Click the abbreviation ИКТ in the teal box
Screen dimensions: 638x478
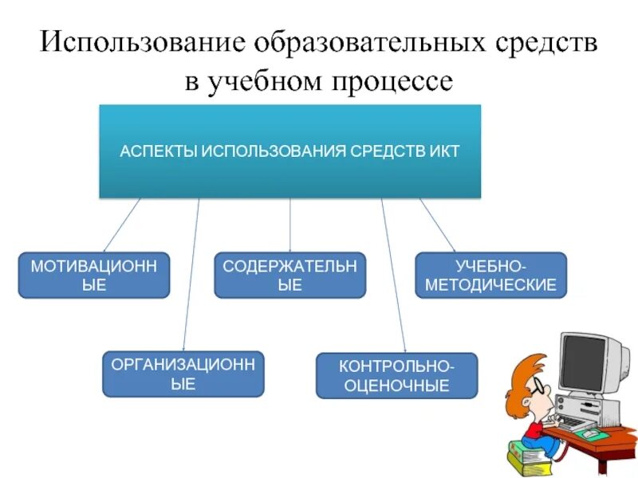443,151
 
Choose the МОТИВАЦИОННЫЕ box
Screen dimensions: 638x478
94,276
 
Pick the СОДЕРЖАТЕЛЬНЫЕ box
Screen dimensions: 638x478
289,276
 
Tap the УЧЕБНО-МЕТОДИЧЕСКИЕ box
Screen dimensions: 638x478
490,276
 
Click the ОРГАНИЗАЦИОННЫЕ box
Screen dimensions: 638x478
183,374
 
